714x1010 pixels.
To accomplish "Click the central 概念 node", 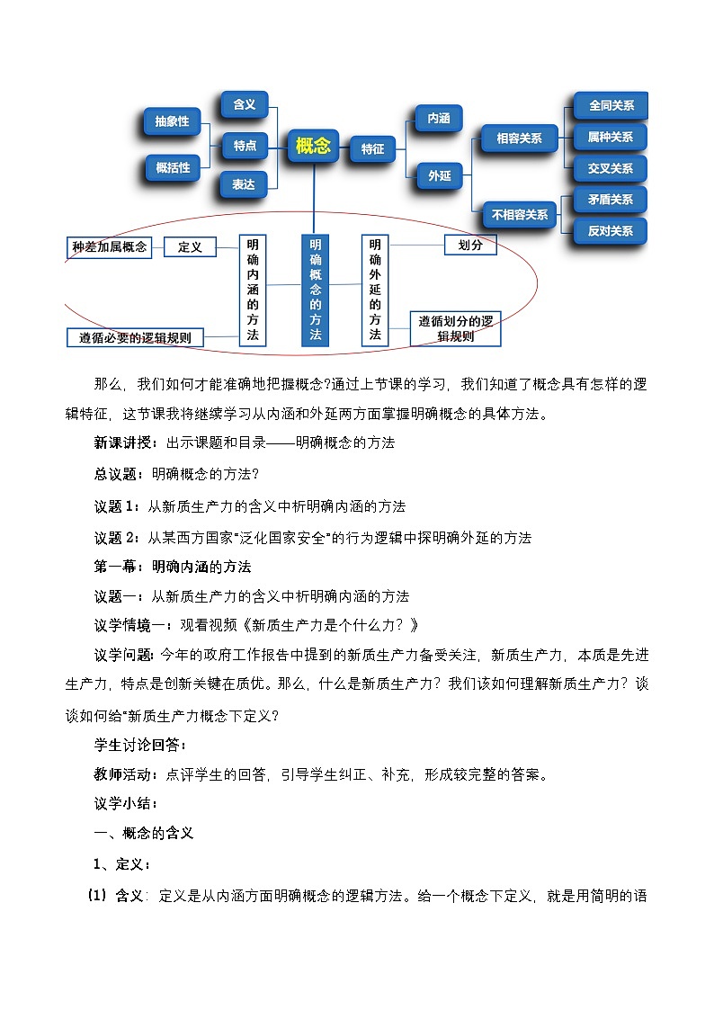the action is click(313, 146).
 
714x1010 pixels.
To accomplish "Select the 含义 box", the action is click(244, 105).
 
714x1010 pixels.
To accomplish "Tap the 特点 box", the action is click(245, 146).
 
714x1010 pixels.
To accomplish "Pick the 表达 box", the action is click(243, 184).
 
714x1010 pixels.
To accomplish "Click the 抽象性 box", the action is click(171, 121).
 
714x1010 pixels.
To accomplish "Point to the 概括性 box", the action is click(173, 167).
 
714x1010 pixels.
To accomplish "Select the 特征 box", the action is click(372, 149).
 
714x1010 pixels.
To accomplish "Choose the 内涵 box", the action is click(439, 119).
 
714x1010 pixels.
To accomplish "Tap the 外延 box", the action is click(439, 176).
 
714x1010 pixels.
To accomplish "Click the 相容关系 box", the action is click(519, 139).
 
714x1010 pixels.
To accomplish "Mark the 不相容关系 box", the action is click(520, 215).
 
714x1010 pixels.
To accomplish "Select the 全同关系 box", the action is click(611, 106).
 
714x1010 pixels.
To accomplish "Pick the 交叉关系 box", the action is click(611, 168).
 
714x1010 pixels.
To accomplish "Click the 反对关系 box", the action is click(611, 230).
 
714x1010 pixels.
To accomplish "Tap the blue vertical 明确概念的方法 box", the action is click(315, 290).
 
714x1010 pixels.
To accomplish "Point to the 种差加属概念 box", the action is click(110, 246).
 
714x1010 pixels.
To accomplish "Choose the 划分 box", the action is click(470, 244).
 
